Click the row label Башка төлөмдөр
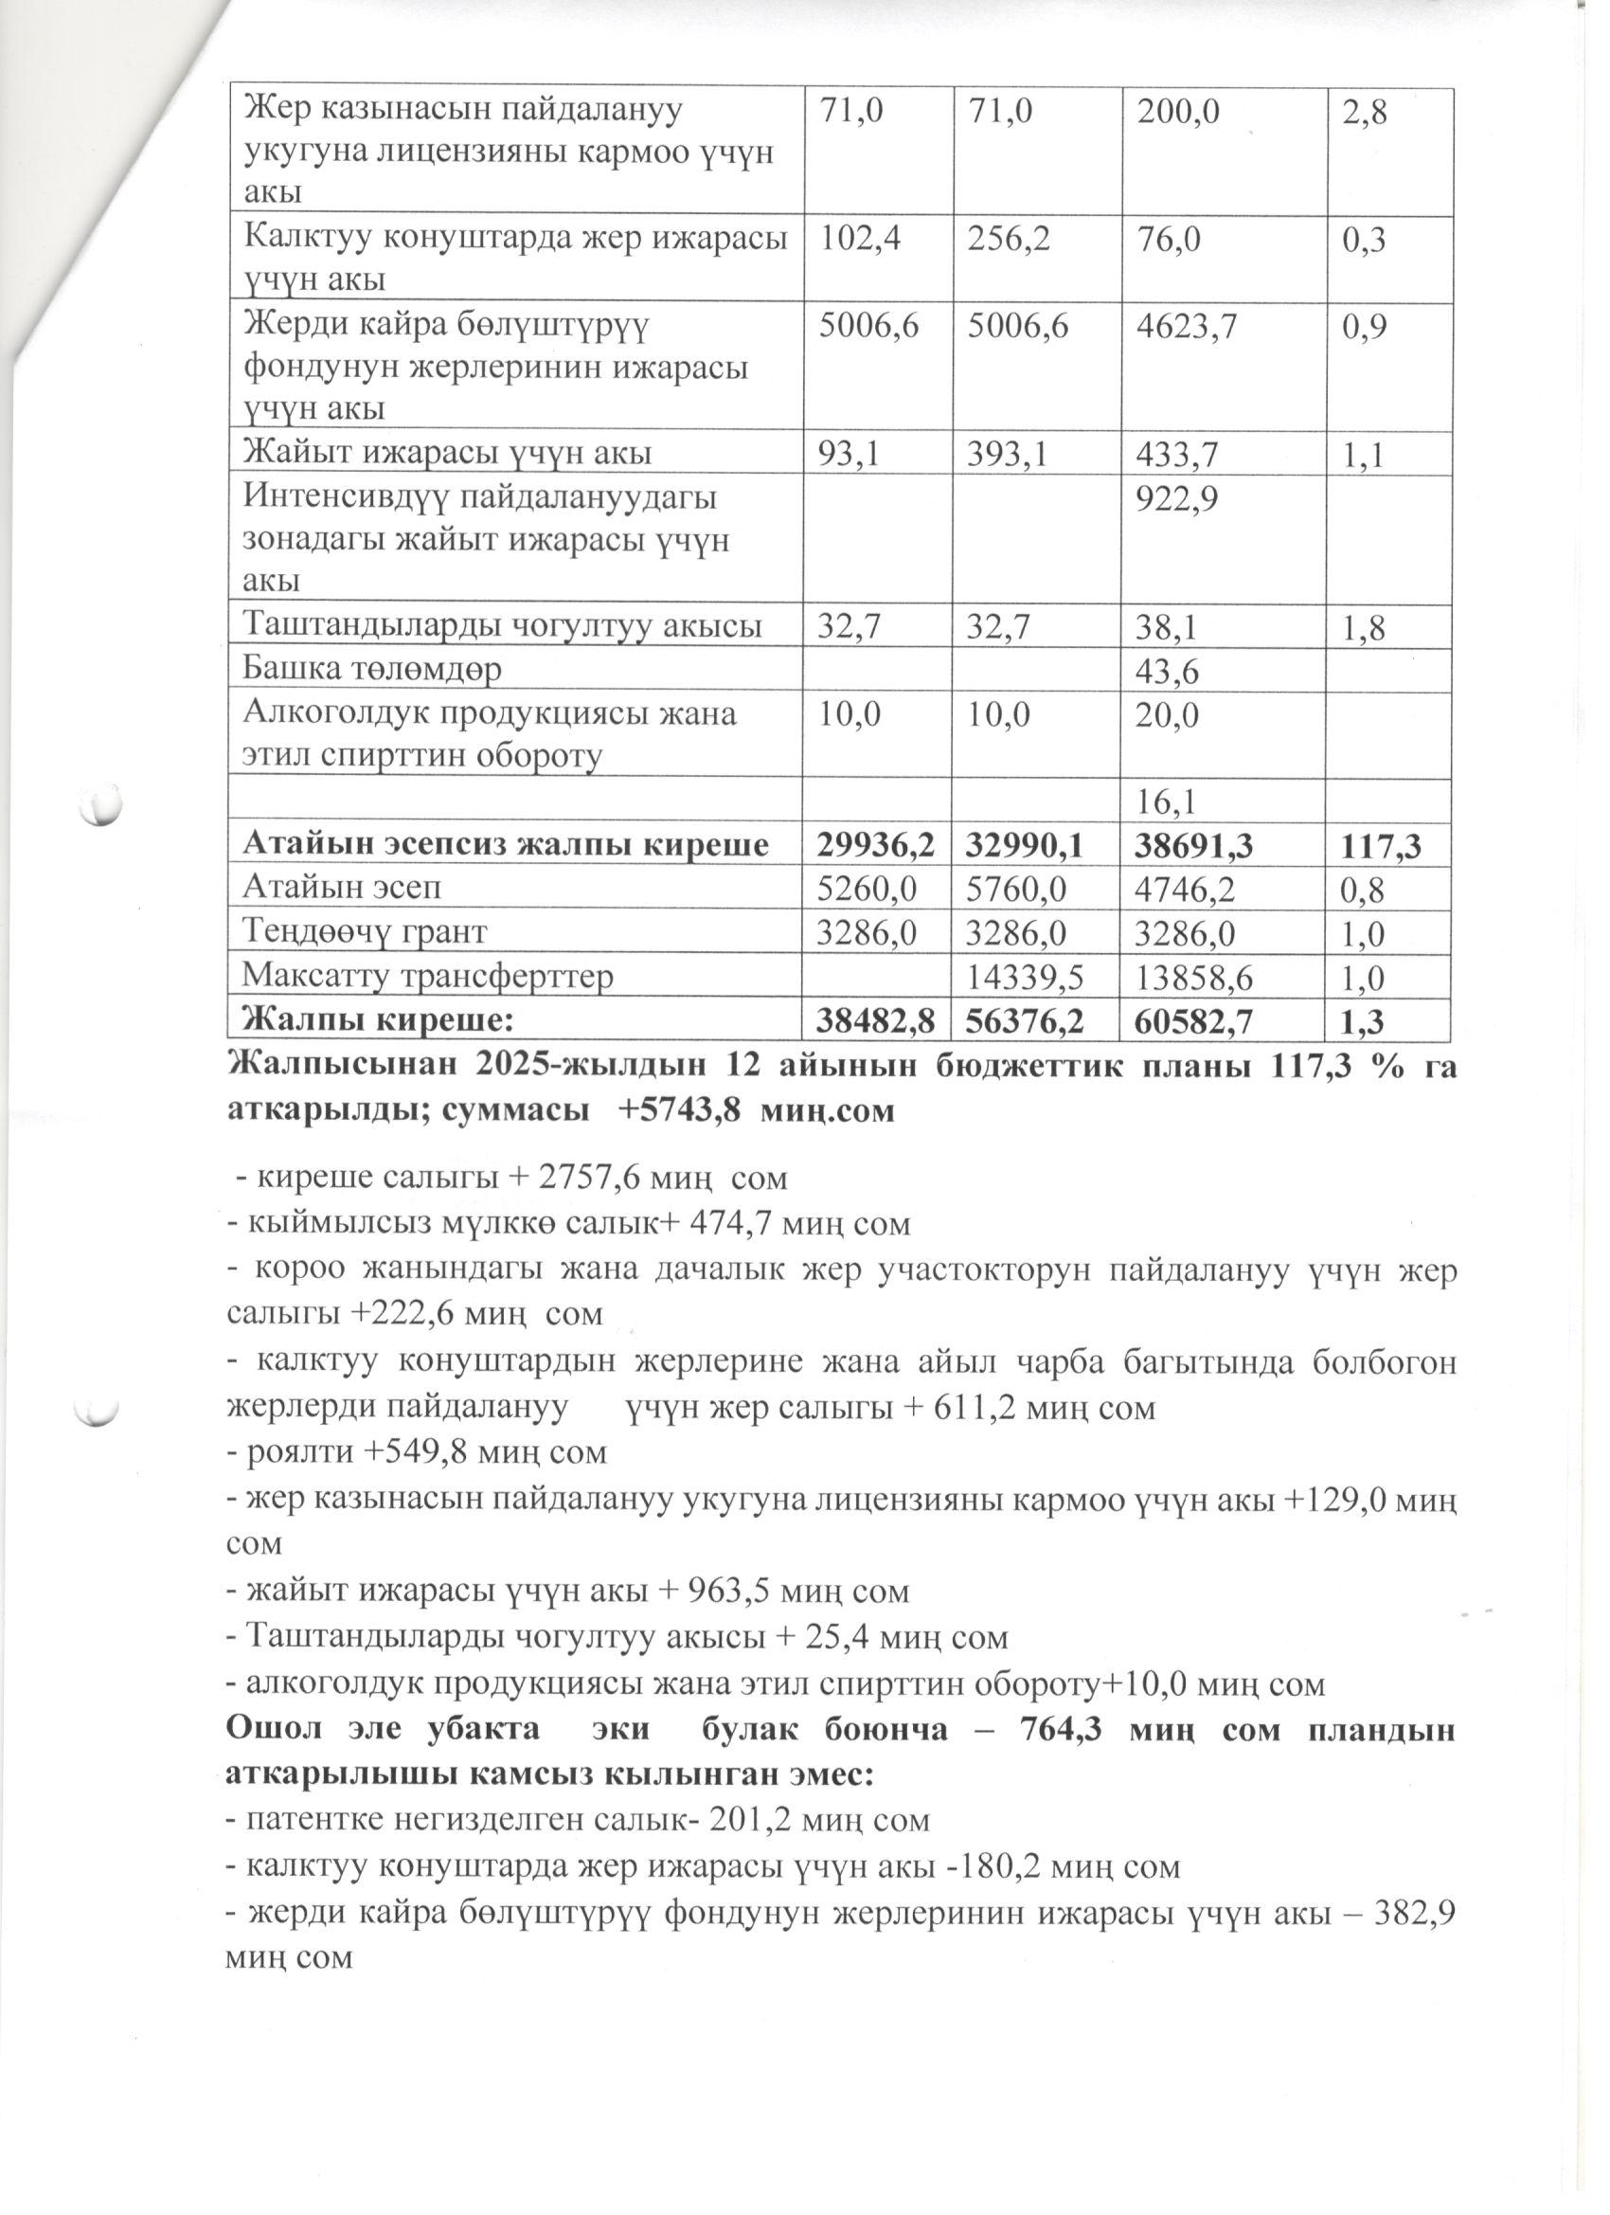372,670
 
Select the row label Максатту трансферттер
428,977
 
